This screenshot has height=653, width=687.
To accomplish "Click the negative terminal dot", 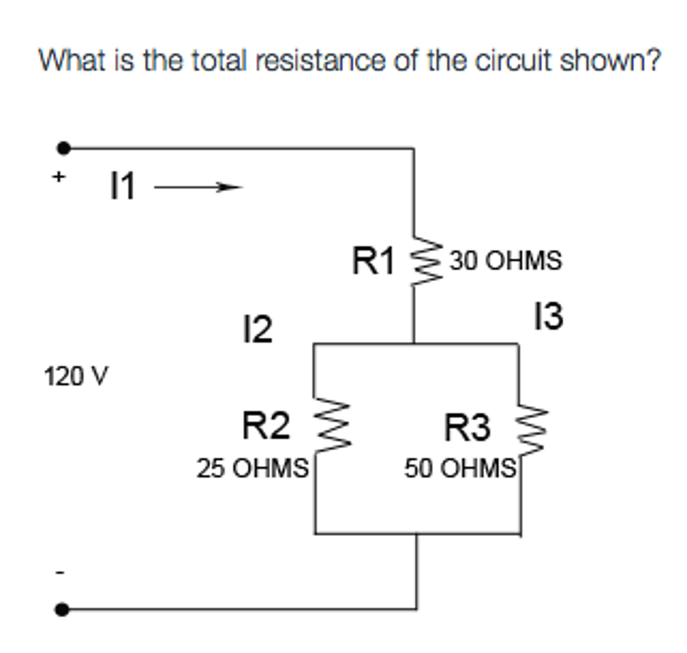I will click(x=62, y=609).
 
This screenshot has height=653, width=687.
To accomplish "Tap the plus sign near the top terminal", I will click(x=59, y=177).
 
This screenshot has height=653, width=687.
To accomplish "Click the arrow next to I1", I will click(x=197, y=189).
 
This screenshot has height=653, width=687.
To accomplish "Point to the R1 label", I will click(x=373, y=261).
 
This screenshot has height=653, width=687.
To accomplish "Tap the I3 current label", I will click(x=548, y=317).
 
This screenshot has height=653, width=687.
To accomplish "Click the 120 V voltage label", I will click(x=74, y=376).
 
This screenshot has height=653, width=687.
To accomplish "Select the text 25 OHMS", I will click(x=252, y=468).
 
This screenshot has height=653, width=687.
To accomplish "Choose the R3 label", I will click(x=468, y=428).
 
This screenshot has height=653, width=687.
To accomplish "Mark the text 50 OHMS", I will click(x=460, y=468).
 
